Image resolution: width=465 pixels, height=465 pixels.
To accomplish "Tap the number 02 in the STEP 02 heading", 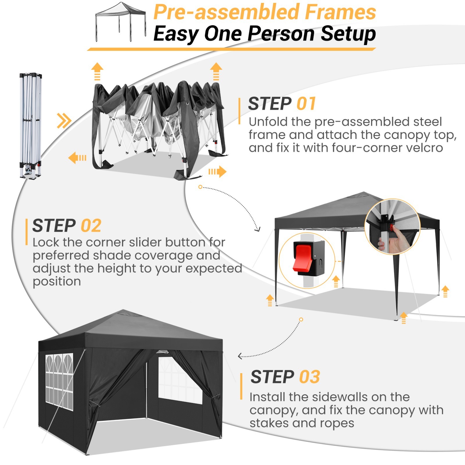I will pos(91,226).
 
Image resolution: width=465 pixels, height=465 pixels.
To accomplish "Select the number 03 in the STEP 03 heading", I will pos(310,377).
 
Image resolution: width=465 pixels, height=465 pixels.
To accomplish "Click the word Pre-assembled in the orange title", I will pos(227,12).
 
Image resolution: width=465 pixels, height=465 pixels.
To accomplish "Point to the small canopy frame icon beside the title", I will pos(121,22).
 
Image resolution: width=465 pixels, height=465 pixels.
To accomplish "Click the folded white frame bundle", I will pos(31,125).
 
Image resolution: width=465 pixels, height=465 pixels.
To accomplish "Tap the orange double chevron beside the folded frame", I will pos(64,121).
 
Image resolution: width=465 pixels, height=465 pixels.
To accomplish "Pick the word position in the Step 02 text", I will pos(57,281).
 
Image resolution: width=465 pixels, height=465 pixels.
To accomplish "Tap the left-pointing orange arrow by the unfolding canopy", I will pos(77,158).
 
